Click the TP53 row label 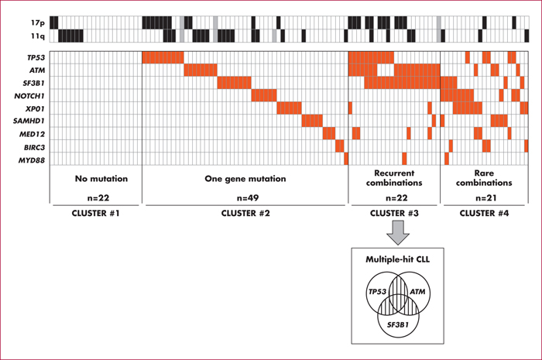point(36,58)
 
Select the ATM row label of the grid point(37,70)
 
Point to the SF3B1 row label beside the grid point(34,84)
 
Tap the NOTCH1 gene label point(29,96)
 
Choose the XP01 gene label point(35,109)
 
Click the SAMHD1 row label point(29,122)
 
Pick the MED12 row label point(33,135)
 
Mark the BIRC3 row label point(34,148)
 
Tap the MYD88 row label point(32,160)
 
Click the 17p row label point(38,22)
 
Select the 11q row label point(38,36)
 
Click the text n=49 point(248,198)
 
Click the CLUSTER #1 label point(96,214)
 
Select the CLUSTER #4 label point(484,214)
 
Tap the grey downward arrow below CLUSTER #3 point(398,232)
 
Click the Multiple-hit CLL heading point(397,259)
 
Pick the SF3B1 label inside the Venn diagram point(397,324)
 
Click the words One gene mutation point(245,179)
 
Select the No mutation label point(101,179)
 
